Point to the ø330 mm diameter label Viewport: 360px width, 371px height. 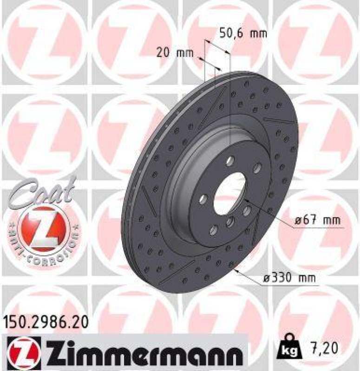[x=288, y=278]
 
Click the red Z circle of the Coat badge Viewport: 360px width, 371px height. [x=42, y=227]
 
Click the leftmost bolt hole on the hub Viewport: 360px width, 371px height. [x=203, y=199]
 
